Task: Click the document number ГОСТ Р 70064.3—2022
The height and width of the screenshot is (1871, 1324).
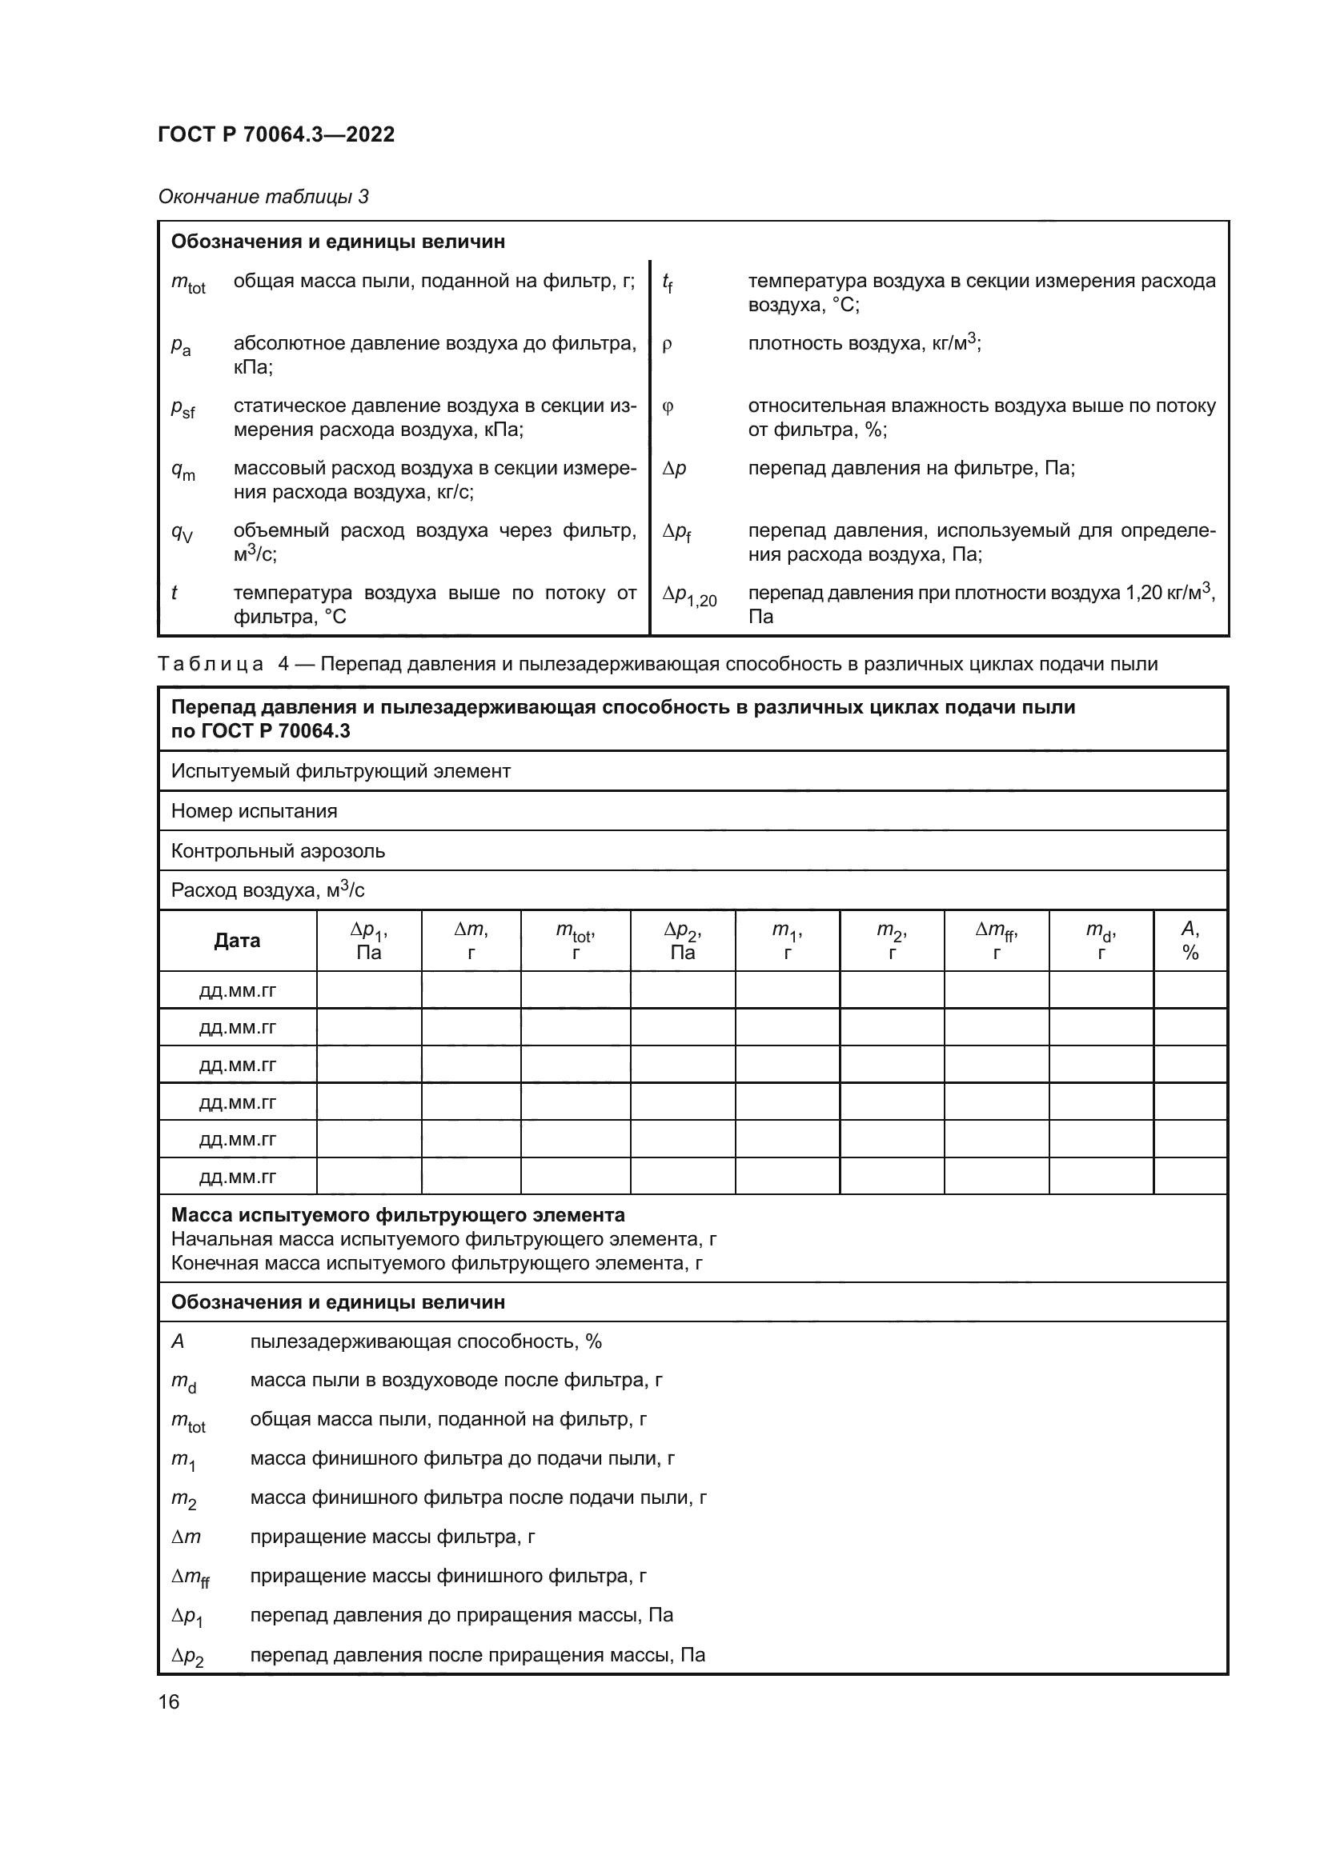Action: [x=275, y=134]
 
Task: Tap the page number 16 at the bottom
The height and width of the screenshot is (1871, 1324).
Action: [x=169, y=1701]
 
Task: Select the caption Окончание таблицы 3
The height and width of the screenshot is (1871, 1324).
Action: [x=263, y=197]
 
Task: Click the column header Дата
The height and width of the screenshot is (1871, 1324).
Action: [x=237, y=941]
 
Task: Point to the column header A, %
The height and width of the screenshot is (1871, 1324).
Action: [x=1190, y=941]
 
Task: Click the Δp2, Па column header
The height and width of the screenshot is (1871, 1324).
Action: [x=682, y=941]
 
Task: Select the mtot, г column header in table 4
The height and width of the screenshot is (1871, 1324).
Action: [x=575, y=941]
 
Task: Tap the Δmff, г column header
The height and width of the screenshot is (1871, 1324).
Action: [x=997, y=941]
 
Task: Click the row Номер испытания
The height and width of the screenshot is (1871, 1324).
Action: [x=255, y=811]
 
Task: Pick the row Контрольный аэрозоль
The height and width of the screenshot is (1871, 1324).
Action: [x=278, y=851]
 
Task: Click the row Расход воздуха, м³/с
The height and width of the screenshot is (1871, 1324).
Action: [x=267, y=890]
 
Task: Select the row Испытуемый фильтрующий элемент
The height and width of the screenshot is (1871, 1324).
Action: [x=341, y=771]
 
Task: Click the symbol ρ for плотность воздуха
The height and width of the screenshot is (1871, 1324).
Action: [x=668, y=345]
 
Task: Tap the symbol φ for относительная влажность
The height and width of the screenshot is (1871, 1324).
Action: [x=668, y=406]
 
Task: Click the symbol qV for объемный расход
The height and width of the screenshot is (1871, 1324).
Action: [x=182, y=533]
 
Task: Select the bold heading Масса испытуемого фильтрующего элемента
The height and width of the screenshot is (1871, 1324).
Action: [x=398, y=1215]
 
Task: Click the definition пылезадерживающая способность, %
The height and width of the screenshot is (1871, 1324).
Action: [x=426, y=1341]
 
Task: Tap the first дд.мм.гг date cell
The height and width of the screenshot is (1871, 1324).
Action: [x=237, y=991]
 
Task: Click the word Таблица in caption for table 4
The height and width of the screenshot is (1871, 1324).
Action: [x=211, y=664]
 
